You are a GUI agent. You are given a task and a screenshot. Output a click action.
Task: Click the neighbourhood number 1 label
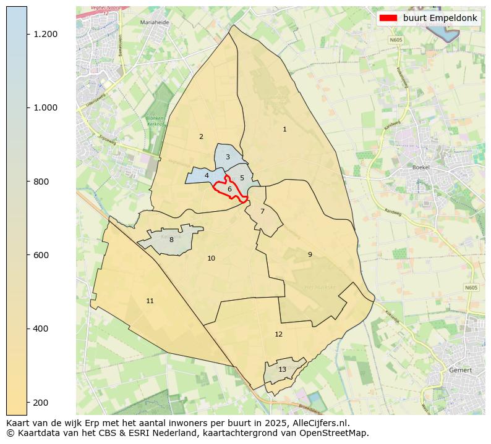coord(284,129)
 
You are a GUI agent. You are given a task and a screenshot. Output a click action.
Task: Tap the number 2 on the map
coord(201,136)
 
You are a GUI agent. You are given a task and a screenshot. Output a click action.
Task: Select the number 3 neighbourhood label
coord(228,157)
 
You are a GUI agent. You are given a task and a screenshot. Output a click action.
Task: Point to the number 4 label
coord(207,175)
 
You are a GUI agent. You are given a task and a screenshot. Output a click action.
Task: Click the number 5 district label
coord(242,178)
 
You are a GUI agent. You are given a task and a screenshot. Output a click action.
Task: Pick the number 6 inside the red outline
coord(229,189)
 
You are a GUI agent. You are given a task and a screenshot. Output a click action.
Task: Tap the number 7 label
coord(262,211)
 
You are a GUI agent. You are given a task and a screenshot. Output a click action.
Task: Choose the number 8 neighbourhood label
coord(171,240)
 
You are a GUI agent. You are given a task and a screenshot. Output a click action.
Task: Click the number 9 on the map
coord(310,254)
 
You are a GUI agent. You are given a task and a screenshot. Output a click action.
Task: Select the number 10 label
coord(211,258)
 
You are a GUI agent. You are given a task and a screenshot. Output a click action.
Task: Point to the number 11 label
coord(150,301)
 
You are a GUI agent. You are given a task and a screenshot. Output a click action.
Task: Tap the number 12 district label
coord(278,334)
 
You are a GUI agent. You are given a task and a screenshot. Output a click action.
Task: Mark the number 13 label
coord(282,369)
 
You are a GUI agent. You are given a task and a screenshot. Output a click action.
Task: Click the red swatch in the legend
coord(388,18)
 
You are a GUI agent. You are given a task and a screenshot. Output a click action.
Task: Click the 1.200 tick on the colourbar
coord(46,34)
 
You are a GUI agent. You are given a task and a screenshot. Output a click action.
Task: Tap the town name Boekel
coord(421,167)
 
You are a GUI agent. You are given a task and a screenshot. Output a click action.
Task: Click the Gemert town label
coord(461,370)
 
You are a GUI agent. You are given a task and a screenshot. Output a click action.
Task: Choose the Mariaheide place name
coord(155,22)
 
